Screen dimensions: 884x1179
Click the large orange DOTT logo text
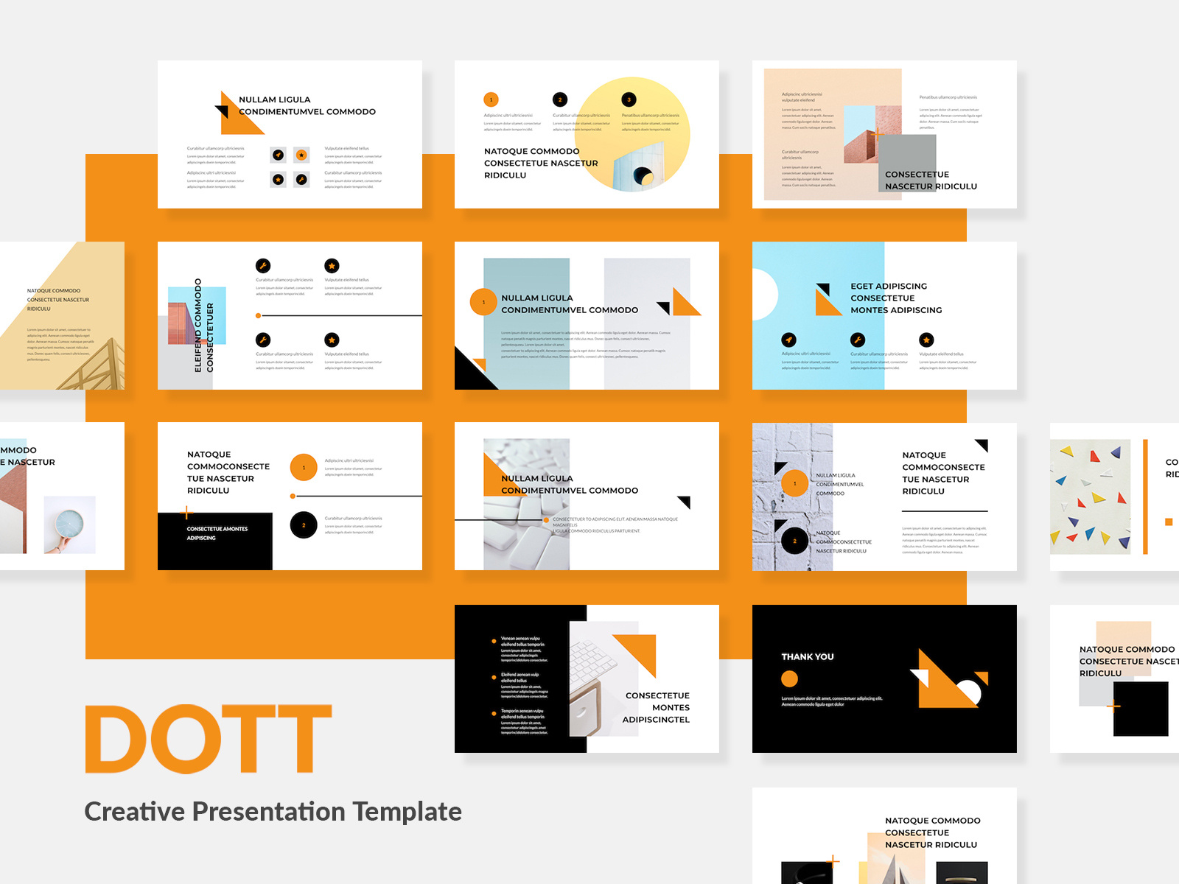(x=209, y=739)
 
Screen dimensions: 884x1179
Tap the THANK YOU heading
(x=808, y=656)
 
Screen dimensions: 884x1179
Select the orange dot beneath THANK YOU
(x=789, y=679)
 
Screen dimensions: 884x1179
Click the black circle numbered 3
(x=629, y=99)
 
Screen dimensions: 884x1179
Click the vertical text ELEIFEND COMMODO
(x=197, y=325)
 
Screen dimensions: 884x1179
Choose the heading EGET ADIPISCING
(x=889, y=286)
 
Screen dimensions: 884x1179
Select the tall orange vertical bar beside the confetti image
(x=1145, y=497)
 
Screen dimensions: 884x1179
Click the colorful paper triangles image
(x=1091, y=497)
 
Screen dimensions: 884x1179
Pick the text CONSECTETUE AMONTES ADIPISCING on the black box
(x=217, y=533)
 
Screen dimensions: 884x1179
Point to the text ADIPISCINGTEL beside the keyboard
(x=656, y=720)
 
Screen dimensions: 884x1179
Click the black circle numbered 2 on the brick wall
(x=794, y=541)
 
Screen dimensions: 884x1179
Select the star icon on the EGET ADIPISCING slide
(x=926, y=340)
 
